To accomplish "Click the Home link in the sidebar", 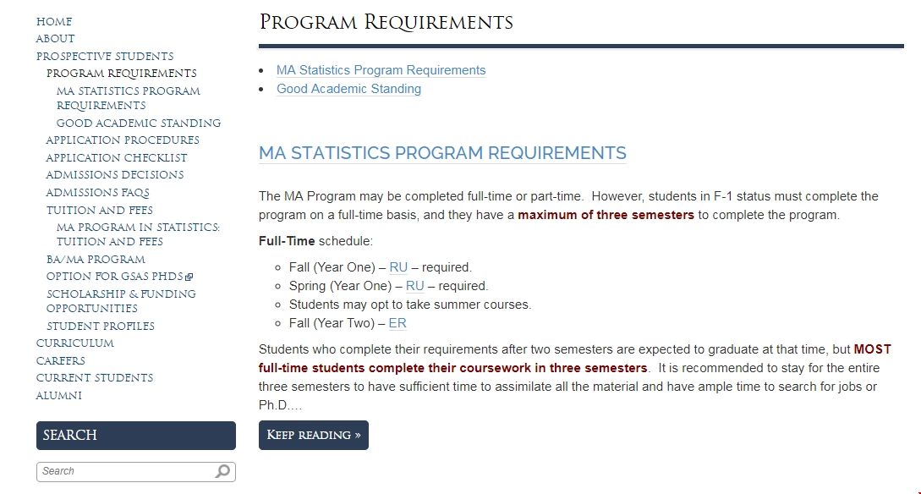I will [54, 21].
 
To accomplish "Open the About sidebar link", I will [55, 39].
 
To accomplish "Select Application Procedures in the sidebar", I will [123, 140].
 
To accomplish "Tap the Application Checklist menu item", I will [117, 158].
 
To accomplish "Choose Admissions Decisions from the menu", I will [115, 175].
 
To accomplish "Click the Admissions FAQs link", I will [97, 193].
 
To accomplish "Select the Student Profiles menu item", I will [101, 327].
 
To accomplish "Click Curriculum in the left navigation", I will [74, 343].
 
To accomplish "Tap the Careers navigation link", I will [60, 361].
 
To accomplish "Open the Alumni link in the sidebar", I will [59, 396].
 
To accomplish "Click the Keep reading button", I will [314, 435].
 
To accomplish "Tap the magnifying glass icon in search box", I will [222, 471].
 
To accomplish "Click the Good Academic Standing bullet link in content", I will [348, 89].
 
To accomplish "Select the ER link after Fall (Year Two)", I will [397, 323].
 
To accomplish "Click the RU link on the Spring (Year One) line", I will [414, 286].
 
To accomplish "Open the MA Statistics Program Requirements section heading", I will [442, 153].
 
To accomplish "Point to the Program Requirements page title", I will [386, 22].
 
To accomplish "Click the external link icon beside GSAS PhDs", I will [189, 277].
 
